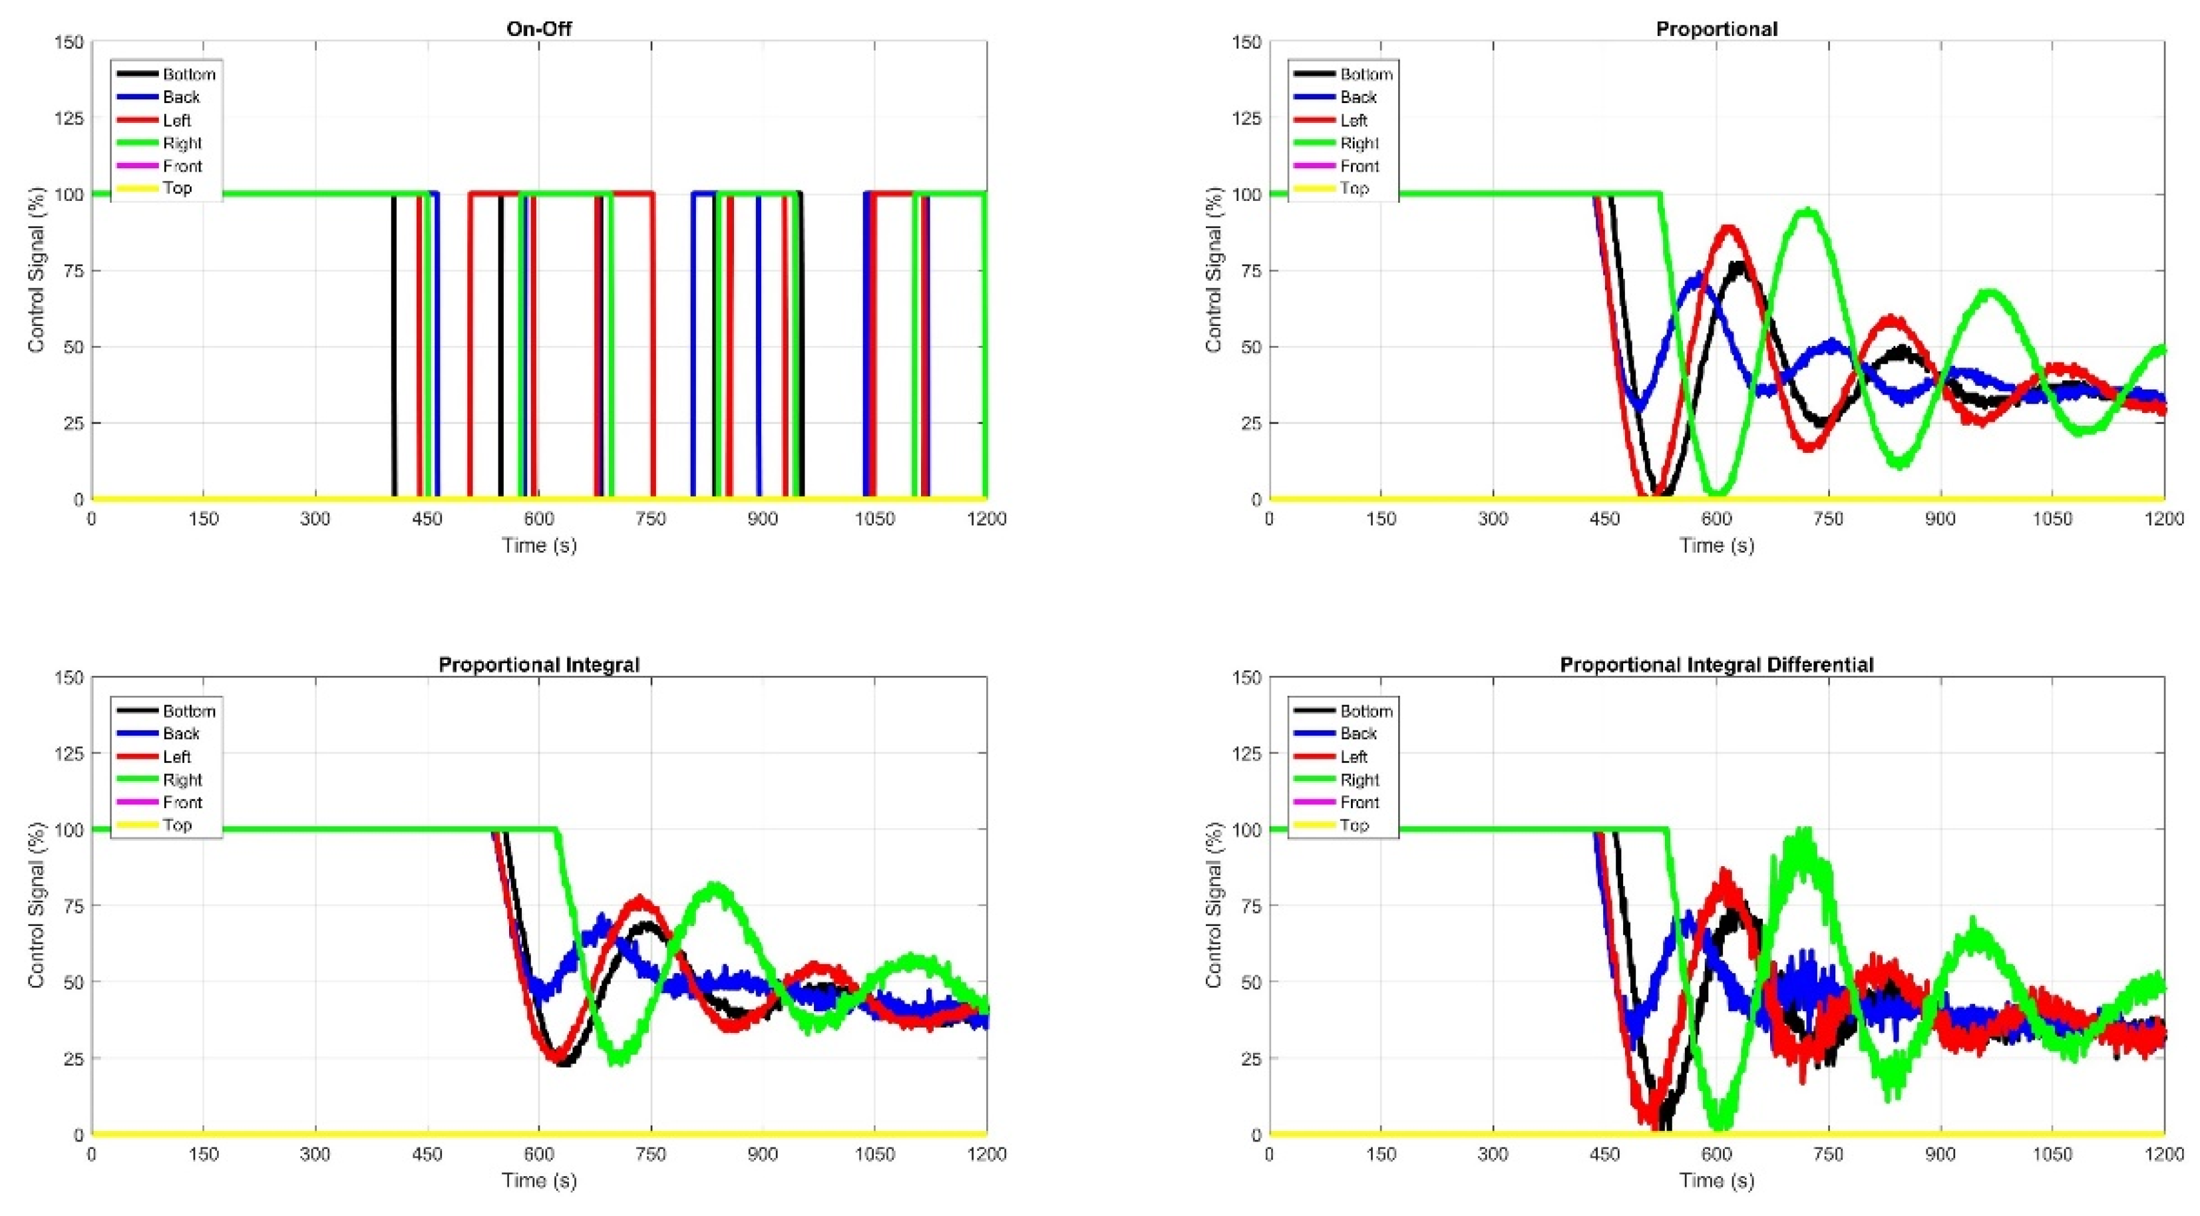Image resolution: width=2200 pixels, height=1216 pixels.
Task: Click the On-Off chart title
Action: pyautogui.click(x=539, y=28)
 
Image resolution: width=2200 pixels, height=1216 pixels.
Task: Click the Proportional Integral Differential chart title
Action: pyautogui.click(x=1717, y=665)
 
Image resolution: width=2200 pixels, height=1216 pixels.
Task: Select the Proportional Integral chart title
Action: pyautogui.click(x=539, y=665)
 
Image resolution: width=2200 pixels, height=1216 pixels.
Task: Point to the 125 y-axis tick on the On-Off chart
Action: pyautogui.click(x=70, y=118)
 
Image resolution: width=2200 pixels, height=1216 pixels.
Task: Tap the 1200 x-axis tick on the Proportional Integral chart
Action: pyautogui.click(x=986, y=1153)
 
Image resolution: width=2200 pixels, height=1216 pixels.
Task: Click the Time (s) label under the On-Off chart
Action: pyautogui.click(x=539, y=545)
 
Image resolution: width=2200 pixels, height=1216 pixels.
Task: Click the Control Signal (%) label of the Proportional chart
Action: pyautogui.click(x=1212, y=270)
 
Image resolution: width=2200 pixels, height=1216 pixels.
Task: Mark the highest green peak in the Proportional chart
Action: pyautogui.click(x=1809, y=212)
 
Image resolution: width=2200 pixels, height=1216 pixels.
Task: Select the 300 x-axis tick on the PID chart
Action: pyautogui.click(x=1493, y=1153)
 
